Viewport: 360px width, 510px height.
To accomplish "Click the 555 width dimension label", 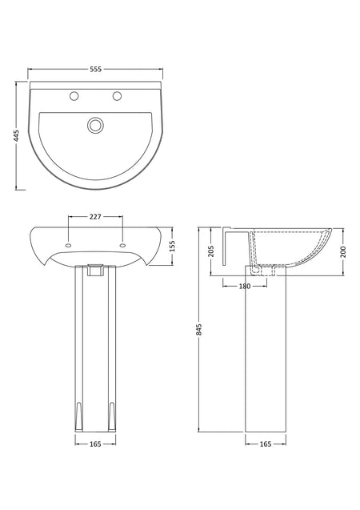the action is pyautogui.click(x=95, y=69).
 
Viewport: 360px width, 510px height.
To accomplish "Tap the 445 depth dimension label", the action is pyautogui.click(x=16, y=135).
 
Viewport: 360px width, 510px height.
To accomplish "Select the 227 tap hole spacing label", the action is pyautogui.click(x=95, y=216).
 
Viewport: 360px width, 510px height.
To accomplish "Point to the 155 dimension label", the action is pyautogui.click(x=172, y=247).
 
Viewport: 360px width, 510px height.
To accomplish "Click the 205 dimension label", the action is pyautogui.click(x=211, y=251).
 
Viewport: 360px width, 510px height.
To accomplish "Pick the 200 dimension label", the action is pyautogui.click(x=343, y=251).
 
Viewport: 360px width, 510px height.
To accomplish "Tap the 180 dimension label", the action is pyautogui.click(x=245, y=287).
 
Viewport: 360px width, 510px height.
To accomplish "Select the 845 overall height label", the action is pyautogui.click(x=199, y=330).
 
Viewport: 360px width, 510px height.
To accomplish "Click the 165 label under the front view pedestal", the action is pyautogui.click(x=95, y=444).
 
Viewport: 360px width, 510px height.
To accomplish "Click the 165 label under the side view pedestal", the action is pyautogui.click(x=266, y=444).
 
